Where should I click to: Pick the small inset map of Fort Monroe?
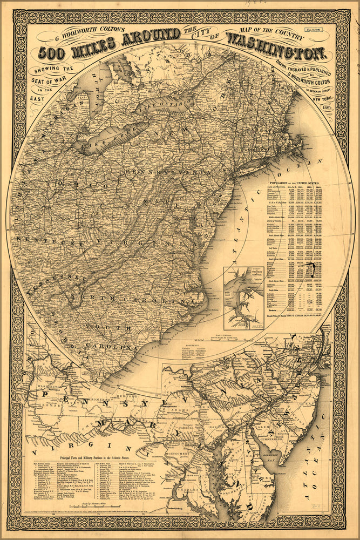243,298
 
